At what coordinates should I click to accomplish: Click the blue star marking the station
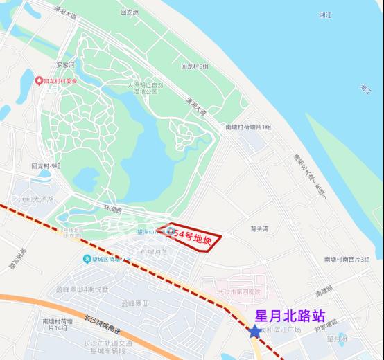coord(255,332)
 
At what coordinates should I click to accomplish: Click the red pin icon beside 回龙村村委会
coord(40,81)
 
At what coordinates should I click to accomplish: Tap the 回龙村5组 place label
coord(194,66)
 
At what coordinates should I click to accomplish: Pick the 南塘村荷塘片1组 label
coord(248,127)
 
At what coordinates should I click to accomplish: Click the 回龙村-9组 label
coord(46,166)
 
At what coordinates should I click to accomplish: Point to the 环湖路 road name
coord(112,208)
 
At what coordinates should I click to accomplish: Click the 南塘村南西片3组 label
coord(347,259)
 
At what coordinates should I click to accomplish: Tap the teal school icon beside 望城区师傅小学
coord(87,260)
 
